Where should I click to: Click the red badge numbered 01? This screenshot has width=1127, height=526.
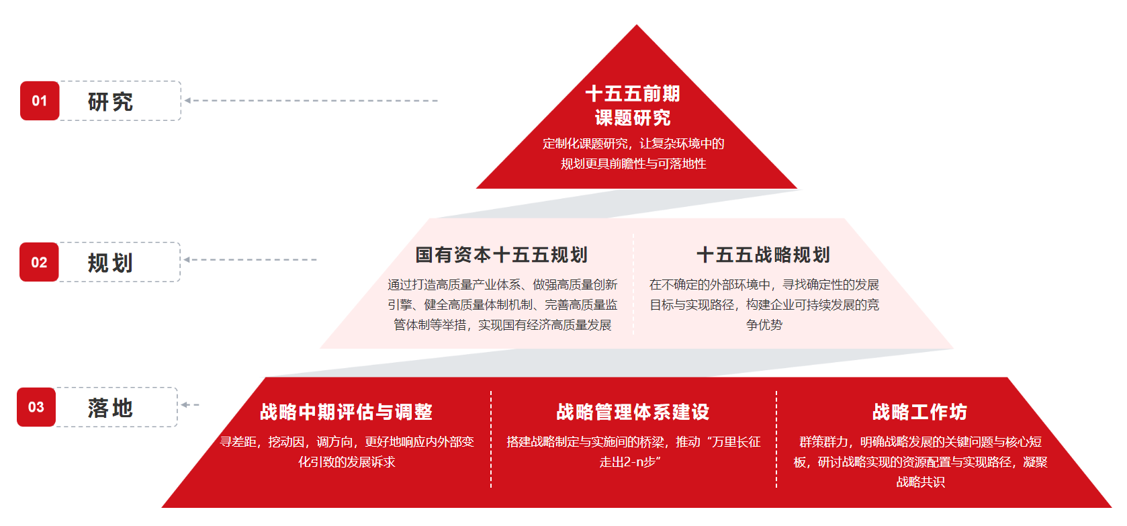(40, 101)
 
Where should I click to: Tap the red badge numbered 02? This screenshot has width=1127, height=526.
(39, 262)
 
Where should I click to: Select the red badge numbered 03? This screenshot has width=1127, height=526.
(36, 407)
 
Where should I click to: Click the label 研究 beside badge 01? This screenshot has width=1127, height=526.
(111, 102)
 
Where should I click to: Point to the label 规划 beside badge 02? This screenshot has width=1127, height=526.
(111, 263)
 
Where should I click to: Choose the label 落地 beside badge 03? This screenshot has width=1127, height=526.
(111, 408)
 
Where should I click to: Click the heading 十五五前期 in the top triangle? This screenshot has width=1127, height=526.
(633, 93)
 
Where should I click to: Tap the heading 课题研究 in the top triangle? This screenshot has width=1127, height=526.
(633, 118)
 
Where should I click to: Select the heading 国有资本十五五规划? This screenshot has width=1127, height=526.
(502, 255)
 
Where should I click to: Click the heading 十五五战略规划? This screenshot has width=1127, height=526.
(764, 255)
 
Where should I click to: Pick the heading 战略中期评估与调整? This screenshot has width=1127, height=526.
(347, 412)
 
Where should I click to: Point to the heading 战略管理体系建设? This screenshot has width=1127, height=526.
(633, 412)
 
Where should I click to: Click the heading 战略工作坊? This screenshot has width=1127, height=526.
(920, 412)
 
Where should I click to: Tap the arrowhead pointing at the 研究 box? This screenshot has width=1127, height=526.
(188, 101)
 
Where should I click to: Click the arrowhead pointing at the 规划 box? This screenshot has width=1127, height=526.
(187, 259)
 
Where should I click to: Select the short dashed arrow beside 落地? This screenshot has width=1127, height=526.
(189, 404)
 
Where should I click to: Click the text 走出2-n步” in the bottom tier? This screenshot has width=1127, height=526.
(631, 462)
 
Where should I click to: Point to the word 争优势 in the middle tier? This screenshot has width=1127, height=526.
(764, 325)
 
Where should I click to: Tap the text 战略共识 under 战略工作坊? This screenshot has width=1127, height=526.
(920, 482)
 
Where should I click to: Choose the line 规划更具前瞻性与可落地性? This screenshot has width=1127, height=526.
(633, 164)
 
